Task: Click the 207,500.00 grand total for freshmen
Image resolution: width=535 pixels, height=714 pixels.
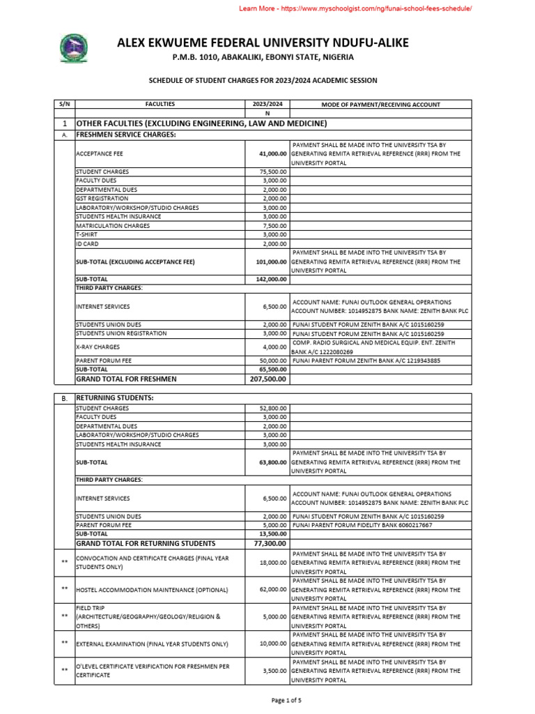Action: click(267, 379)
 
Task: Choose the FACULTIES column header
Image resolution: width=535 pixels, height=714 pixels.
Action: click(160, 105)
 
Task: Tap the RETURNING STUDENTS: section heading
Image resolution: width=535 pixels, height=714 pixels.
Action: click(114, 397)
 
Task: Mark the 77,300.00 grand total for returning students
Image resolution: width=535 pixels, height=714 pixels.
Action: click(270, 543)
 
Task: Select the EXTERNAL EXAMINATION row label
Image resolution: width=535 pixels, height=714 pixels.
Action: click(152, 644)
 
